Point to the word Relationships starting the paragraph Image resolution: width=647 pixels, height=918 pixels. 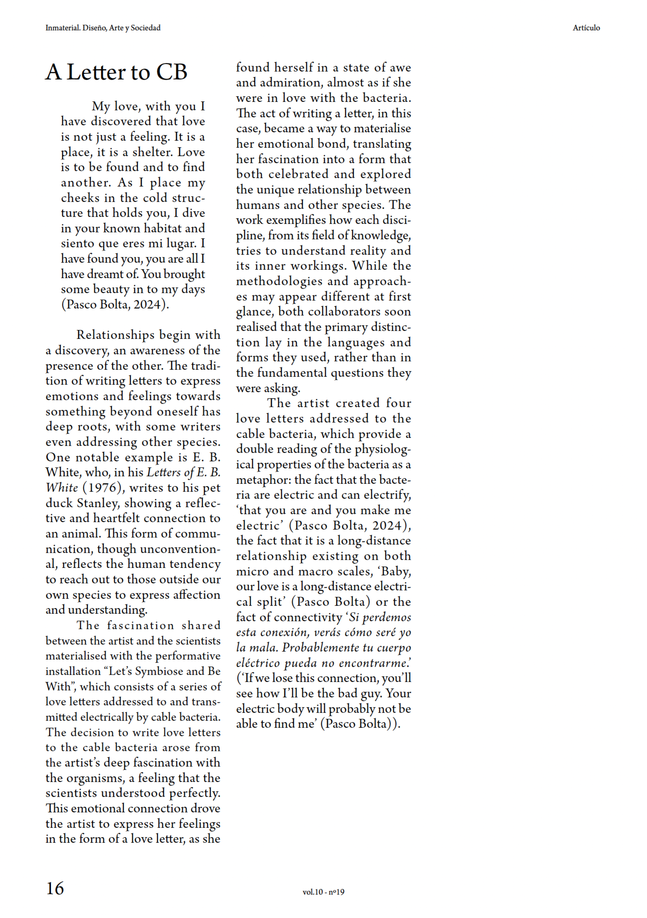pyautogui.click(x=115, y=335)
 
